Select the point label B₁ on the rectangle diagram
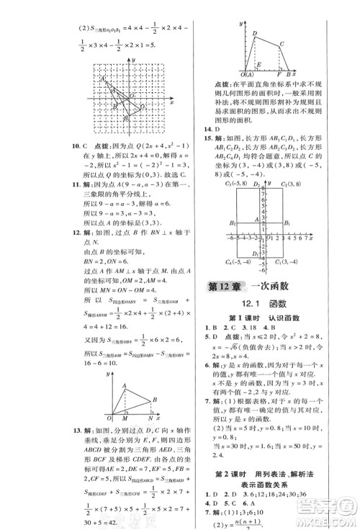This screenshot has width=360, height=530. [286, 223]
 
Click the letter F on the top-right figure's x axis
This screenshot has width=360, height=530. [279, 74]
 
